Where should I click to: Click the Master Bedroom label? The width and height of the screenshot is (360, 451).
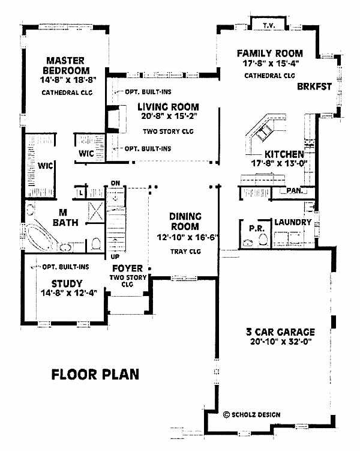(x=66, y=65)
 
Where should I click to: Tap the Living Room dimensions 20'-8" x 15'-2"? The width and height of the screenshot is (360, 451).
(x=168, y=116)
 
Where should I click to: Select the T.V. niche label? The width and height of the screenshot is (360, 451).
(x=269, y=26)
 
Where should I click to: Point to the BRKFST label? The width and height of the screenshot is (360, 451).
(x=314, y=86)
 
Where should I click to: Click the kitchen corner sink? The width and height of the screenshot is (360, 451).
(x=265, y=133)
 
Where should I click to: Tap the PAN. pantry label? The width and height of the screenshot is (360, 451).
(x=294, y=190)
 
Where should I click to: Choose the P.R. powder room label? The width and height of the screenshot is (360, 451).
(x=257, y=228)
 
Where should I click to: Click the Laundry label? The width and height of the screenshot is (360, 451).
(x=293, y=222)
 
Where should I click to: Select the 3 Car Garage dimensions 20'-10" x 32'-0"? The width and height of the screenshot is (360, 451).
(x=281, y=342)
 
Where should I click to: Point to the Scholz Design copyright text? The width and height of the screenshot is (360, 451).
(x=251, y=414)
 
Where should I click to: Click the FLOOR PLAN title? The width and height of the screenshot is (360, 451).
(x=95, y=375)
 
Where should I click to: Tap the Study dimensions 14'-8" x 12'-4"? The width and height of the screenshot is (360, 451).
(x=68, y=293)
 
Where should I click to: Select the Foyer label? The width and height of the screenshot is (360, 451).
(x=127, y=268)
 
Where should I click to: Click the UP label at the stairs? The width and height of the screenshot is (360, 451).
(x=115, y=256)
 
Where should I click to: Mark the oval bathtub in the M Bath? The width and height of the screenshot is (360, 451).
(x=41, y=237)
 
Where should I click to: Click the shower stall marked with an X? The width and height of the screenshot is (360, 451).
(x=96, y=212)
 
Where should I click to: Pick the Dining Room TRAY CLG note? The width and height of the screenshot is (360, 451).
(x=185, y=252)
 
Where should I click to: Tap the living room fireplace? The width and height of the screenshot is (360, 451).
(x=117, y=119)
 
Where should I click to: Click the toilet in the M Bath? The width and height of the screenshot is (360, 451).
(x=96, y=244)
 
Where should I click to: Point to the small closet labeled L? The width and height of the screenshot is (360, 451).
(x=82, y=192)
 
